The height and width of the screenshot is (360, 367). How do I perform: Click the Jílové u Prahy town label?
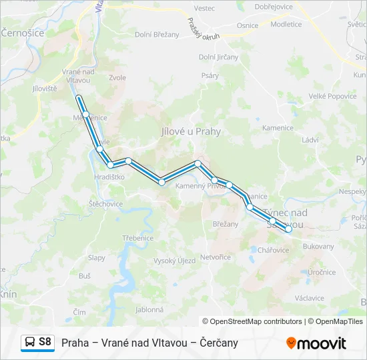click(x=191, y=132)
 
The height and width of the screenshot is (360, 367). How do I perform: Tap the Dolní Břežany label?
click(x=157, y=35)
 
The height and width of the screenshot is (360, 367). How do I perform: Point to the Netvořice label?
click(x=216, y=257)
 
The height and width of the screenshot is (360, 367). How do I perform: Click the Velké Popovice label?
click(x=332, y=96)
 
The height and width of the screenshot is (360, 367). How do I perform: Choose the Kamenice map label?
click(x=278, y=128)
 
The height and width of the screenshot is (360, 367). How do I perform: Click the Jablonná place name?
click(x=149, y=309)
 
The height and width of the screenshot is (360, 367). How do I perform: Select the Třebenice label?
click(x=138, y=238)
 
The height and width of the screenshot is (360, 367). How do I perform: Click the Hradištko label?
click(x=109, y=177)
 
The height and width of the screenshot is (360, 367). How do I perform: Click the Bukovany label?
click(x=318, y=246)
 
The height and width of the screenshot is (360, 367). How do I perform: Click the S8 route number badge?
click(x=45, y=342)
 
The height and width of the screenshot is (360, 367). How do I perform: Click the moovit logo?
click(x=316, y=343)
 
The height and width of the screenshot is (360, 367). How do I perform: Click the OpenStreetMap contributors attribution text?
click(x=252, y=321)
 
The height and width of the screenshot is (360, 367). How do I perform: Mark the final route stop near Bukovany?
click(x=288, y=229)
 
